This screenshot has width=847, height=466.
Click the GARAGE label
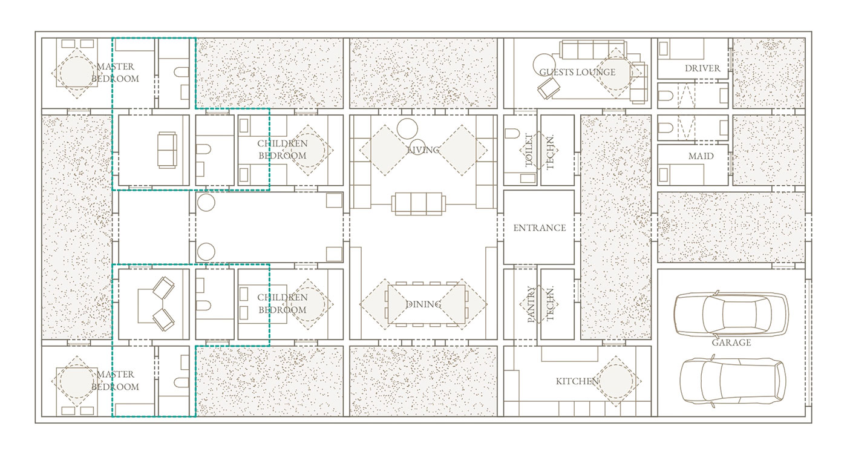[x=731, y=343]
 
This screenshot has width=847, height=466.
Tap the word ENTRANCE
[x=539, y=228]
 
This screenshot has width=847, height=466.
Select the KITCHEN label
[x=577, y=381]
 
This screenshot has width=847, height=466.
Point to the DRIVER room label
[x=702, y=68]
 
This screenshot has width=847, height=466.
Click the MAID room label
[x=701, y=156]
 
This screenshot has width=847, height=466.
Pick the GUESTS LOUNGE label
[x=577, y=72]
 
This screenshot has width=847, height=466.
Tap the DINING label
[x=423, y=304]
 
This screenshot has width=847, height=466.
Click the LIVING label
[x=423, y=150]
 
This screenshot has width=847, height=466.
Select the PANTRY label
[x=531, y=304]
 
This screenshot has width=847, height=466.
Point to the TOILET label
[x=529, y=150]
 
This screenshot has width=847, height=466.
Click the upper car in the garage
[x=731, y=314]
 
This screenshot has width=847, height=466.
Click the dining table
[x=427, y=304]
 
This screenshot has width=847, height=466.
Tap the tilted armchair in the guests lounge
[x=548, y=88]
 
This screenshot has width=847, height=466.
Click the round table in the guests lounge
[x=544, y=65]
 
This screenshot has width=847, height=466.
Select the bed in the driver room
[x=681, y=49]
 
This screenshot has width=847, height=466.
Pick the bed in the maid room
[x=681, y=175]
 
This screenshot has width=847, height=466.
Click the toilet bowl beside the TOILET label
[x=512, y=134]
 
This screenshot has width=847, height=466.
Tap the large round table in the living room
[x=407, y=128]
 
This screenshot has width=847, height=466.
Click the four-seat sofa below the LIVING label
[x=418, y=204]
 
